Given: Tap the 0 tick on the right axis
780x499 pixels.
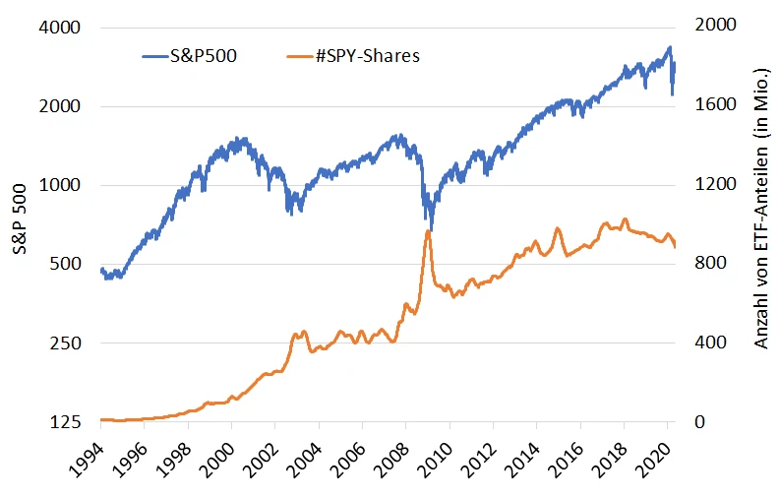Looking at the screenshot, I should [x=698, y=422].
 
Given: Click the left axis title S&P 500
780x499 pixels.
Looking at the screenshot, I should [x=22, y=225].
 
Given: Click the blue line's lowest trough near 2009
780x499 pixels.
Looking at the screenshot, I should [x=431, y=228].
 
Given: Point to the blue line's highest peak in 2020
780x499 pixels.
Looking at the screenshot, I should [x=669, y=47].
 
